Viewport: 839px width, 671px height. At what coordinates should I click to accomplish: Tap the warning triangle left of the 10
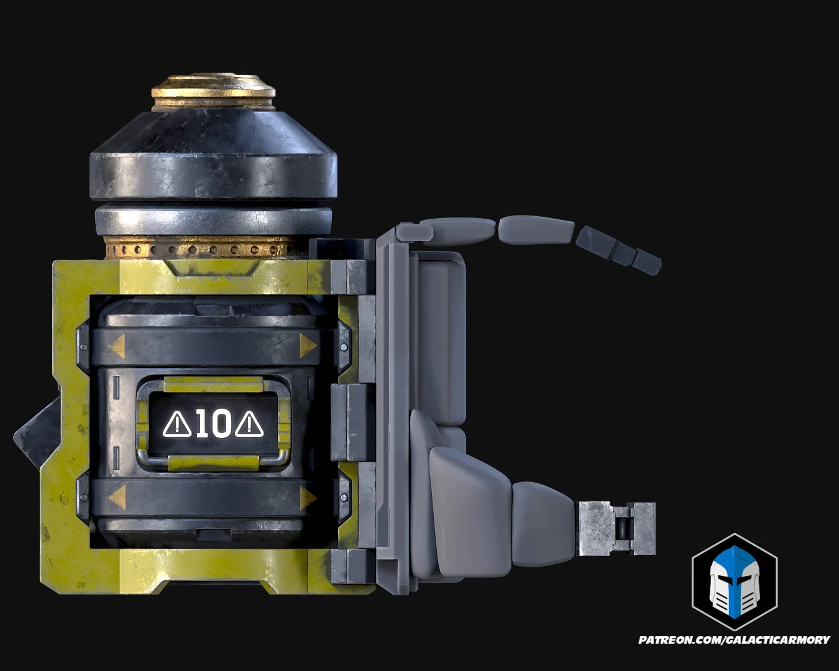(177, 424)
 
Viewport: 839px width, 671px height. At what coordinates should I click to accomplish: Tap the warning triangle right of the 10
(250, 424)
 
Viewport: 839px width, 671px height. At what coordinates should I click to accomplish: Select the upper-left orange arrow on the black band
(116, 347)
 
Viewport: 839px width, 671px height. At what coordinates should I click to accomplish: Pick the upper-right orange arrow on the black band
(308, 346)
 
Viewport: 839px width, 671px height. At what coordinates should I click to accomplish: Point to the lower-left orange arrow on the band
(116, 496)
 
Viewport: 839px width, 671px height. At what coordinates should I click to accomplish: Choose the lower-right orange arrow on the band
(308, 498)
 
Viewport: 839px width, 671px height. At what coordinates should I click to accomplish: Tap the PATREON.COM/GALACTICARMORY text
(734, 639)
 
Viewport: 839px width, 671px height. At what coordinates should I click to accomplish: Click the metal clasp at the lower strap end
(617, 529)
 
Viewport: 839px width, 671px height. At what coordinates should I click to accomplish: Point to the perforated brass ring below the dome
(205, 249)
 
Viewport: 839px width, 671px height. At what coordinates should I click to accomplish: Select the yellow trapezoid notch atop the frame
(213, 268)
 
